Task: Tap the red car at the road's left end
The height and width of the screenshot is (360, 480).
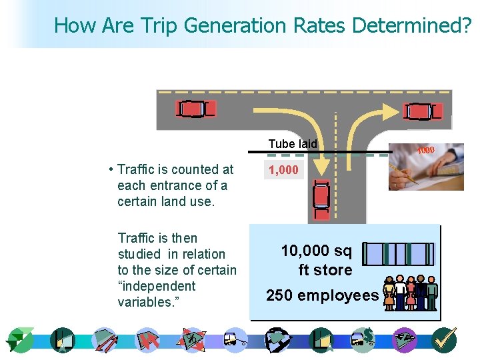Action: [x=195, y=109]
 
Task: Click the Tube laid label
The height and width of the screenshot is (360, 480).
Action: [x=293, y=143]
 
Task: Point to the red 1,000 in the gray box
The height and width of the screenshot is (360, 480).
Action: [x=283, y=171]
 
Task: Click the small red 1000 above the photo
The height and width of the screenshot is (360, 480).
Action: [x=425, y=150]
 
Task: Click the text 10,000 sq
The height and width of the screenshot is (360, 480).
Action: [x=316, y=251]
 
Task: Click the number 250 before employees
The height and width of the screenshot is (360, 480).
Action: [x=283, y=295]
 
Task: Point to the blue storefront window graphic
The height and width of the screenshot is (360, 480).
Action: [x=399, y=254]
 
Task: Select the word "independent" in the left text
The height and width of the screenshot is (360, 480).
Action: [x=157, y=286]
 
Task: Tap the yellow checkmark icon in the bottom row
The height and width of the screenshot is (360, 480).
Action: [x=444, y=340]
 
